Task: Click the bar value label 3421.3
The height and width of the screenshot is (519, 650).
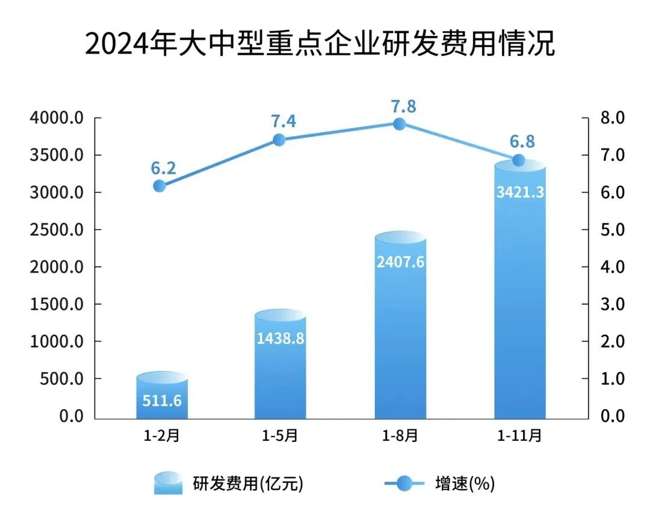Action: pyautogui.click(x=520, y=192)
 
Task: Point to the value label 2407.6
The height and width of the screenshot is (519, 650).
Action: pyautogui.click(x=400, y=263)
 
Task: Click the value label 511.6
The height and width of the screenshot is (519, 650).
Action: pyautogui.click(x=162, y=400)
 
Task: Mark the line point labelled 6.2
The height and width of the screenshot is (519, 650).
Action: pyautogui.click(x=159, y=186)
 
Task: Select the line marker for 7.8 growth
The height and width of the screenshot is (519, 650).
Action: pyautogui.click(x=399, y=124)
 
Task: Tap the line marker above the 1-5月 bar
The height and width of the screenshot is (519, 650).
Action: pyautogui.click(x=279, y=140)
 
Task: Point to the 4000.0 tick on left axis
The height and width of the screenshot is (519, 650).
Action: pyautogui.click(x=56, y=117)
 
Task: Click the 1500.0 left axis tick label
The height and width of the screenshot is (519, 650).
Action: pyautogui.click(x=56, y=304)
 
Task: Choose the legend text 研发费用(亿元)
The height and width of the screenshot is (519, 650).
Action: pyautogui.click(x=248, y=483)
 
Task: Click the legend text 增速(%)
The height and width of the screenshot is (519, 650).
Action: pyautogui.click(x=464, y=483)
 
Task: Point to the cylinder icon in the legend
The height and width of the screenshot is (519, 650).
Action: pyautogui.click(x=168, y=482)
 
